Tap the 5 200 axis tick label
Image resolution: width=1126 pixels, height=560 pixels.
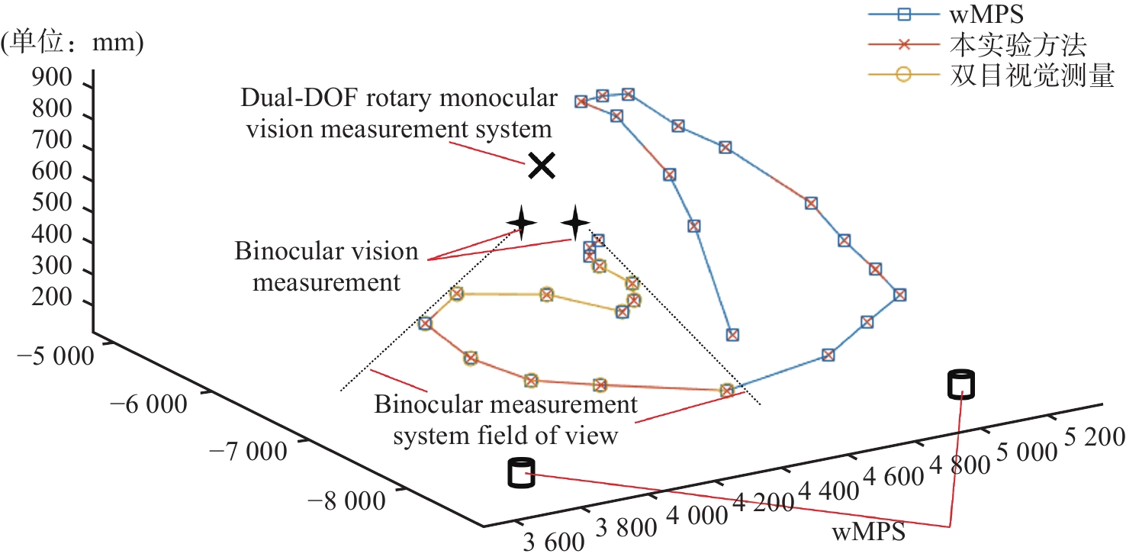pos(1092,436)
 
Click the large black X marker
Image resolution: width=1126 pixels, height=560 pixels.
pos(541,165)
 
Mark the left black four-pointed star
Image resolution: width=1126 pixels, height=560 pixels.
pos(521,223)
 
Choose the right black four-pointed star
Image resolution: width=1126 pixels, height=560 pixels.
pos(575,223)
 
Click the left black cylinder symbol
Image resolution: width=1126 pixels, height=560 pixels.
pos(520,472)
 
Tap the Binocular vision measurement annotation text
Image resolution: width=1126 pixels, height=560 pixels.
pos(327,266)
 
